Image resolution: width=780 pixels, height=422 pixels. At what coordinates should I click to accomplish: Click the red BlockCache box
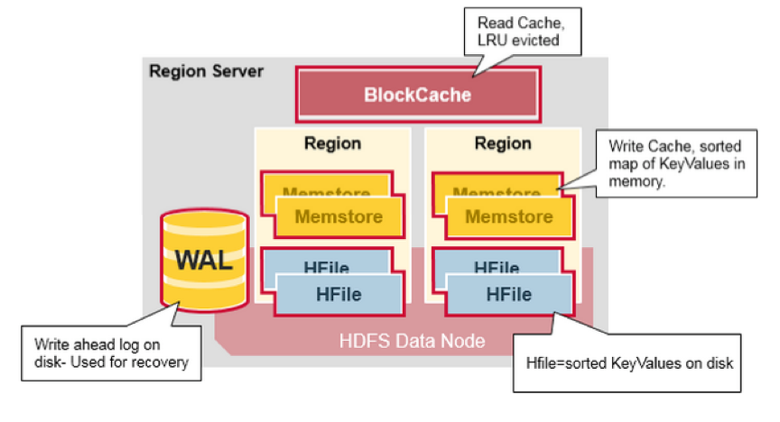click(418, 94)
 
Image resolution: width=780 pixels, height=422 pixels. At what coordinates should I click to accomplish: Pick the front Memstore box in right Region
click(508, 216)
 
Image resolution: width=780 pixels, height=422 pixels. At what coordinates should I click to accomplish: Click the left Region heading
click(332, 143)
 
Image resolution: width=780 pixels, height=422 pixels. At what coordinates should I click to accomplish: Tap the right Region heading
click(503, 143)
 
